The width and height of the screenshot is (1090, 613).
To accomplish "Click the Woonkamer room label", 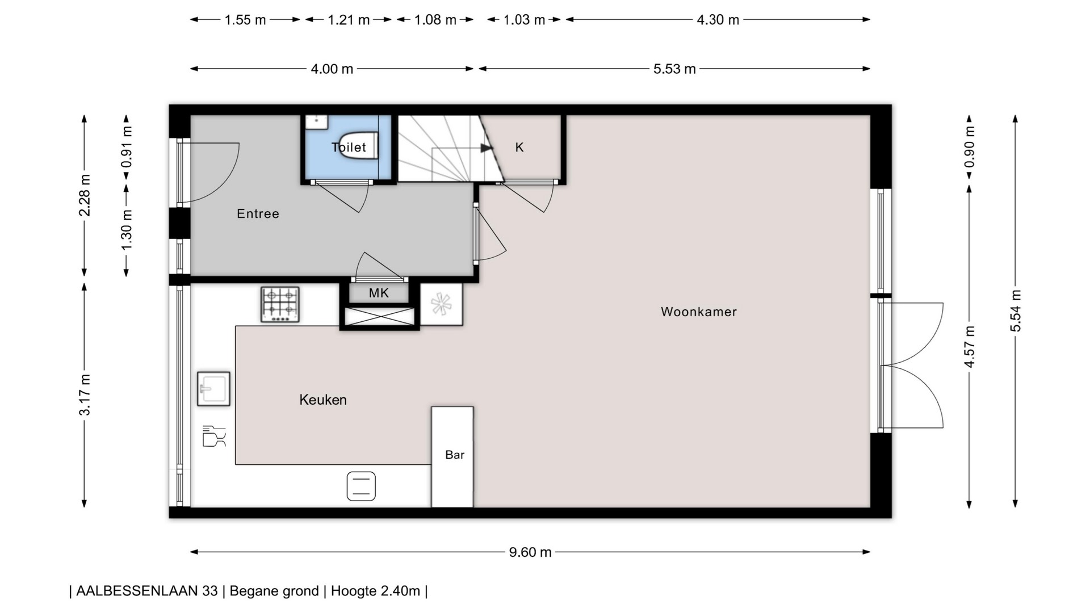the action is [699, 312].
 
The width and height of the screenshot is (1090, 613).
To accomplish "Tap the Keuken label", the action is [323, 400].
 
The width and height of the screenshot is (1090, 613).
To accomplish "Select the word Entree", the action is [258, 213].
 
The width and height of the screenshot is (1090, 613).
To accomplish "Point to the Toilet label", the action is [349, 147].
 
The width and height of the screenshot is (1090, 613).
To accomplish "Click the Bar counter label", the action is [455, 455].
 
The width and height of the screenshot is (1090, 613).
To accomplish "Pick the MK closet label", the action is [379, 293].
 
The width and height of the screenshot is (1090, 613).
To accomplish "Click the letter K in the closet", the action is [519, 148].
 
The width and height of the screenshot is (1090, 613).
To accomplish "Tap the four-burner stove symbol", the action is [280, 304].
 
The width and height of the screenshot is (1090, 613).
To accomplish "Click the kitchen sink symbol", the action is [213, 389].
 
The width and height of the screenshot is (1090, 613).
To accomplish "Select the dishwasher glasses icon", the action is [214, 436].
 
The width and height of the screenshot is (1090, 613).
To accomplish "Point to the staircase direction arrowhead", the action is [487, 148].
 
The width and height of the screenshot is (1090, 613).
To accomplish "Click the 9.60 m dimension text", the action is [530, 552].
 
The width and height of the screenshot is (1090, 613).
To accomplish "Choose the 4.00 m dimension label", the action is [332, 69].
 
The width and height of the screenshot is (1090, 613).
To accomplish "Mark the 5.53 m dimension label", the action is [674, 69].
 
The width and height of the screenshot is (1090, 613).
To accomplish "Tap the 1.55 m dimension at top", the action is [245, 20].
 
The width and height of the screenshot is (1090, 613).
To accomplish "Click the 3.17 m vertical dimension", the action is [85, 395].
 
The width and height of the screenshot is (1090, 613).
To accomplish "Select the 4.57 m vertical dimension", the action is [970, 347].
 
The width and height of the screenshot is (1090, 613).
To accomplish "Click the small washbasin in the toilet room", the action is [316, 121].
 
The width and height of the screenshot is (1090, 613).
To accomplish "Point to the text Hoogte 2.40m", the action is [375, 591].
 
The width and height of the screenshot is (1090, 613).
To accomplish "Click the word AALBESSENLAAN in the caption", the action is [147, 591].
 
